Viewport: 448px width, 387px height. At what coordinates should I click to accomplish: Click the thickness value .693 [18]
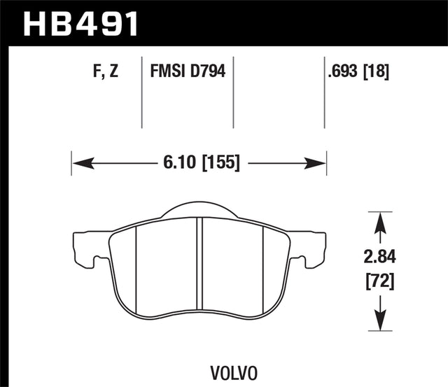tap(357, 71)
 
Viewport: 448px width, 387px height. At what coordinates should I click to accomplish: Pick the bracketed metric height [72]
tap(379, 282)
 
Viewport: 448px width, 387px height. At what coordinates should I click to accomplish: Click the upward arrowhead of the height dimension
tap(379, 223)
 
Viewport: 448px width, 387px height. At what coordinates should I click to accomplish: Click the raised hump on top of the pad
tap(199, 208)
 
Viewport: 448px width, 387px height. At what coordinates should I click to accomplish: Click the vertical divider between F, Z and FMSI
tap(142, 91)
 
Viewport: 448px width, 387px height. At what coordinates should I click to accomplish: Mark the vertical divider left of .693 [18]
tap(325, 91)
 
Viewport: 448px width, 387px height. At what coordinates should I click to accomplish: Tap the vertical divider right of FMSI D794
tap(233, 91)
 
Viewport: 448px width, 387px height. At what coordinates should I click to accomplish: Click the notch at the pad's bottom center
tap(199, 324)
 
